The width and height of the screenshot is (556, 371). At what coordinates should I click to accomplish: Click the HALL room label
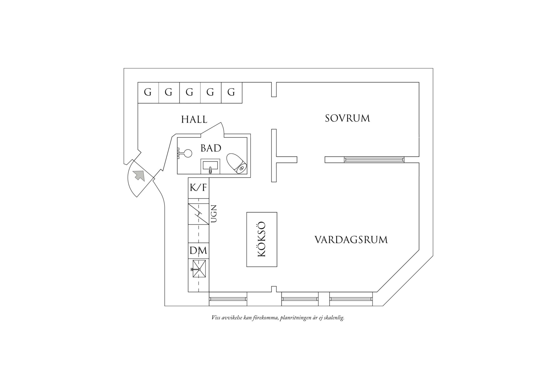[194, 119]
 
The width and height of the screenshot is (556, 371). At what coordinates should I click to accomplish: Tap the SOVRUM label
[347, 118]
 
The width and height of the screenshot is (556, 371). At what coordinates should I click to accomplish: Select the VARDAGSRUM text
[351, 240]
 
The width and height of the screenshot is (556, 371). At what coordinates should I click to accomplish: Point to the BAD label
[211, 148]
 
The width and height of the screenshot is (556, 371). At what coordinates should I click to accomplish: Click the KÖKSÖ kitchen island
[262, 239]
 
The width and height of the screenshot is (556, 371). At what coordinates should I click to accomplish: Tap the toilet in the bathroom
[236, 163]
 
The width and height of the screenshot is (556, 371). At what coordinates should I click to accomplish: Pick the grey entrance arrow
[139, 175]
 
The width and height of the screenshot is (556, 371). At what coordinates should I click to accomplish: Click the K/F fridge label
[198, 188]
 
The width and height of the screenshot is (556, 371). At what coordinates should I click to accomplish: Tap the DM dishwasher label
[198, 251]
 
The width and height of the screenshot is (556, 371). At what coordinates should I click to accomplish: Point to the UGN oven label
[214, 213]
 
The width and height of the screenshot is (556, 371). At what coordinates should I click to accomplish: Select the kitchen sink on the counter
[198, 268]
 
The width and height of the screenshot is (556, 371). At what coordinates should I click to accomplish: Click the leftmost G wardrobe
[148, 93]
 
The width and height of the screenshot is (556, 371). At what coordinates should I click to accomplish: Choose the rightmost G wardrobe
[231, 93]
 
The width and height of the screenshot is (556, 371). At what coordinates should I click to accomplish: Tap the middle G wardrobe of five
[190, 93]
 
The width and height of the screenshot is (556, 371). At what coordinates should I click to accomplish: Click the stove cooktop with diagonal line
[198, 214]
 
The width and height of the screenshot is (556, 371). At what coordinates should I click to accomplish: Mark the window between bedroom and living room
[374, 160]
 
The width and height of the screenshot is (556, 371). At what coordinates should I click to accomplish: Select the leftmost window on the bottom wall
[228, 299]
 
